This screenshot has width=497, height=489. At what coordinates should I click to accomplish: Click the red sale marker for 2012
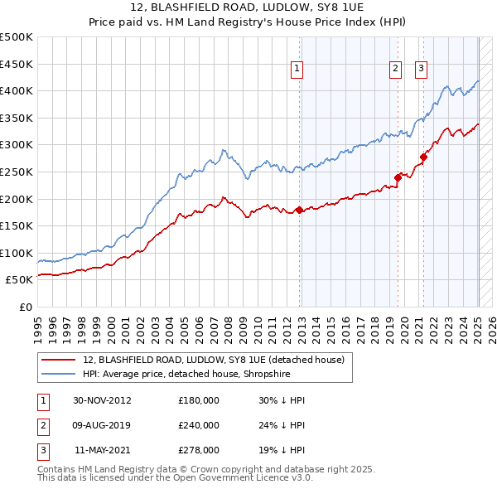pyautogui.click(x=300, y=210)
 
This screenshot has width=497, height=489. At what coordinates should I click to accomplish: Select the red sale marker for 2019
pyautogui.click(x=398, y=177)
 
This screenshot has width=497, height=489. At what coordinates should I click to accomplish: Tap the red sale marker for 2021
pyautogui.click(x=423, y=157)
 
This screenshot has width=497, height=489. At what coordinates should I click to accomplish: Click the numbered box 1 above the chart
pyautogui.click(x=297, y=69)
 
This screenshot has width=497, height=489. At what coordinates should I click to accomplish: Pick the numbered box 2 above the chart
pyautogui.click(x=396, y=69)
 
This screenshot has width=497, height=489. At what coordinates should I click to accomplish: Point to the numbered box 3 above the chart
pyautogui.click(x=421, y=69)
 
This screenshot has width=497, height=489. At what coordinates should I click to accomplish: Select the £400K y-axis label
pyautogui.click(x=17, y=90)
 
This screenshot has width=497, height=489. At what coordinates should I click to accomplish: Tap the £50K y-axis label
pyautogui.click(x=19, y=280)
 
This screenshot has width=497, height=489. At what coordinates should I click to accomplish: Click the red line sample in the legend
pyautogui.click(x=58, y=360)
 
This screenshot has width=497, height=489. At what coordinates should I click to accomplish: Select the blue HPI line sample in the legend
pyautogui.click(x=58, y=374)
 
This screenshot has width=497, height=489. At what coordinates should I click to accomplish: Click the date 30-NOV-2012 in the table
pyautogui.click(x=103, y=400)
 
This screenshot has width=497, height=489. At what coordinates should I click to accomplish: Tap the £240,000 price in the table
pyautogui.click(x=199, y=425)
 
